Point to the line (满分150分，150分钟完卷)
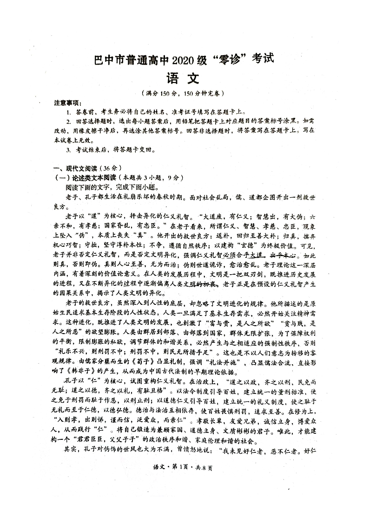coord(184,93)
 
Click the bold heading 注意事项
coord(68,103)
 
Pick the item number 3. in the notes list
coord(68,149)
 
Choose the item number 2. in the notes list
coord(68,122)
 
